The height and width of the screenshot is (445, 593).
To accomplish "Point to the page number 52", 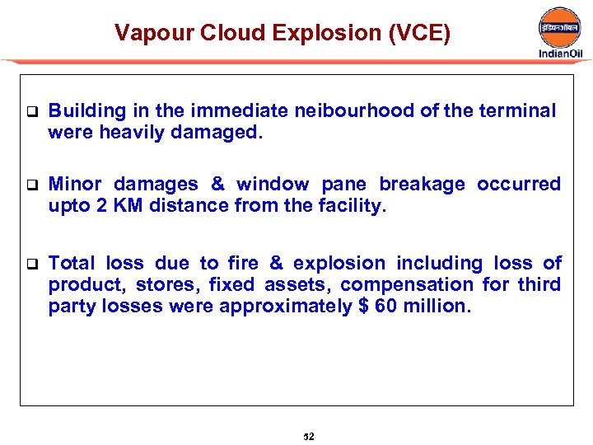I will click(x=309, y=436).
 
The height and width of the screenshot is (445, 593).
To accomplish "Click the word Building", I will click(x=86, y=111).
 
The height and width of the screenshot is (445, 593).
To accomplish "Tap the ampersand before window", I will click(x=217, y=184).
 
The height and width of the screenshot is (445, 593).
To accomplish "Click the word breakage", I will click(x=421, y=184).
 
